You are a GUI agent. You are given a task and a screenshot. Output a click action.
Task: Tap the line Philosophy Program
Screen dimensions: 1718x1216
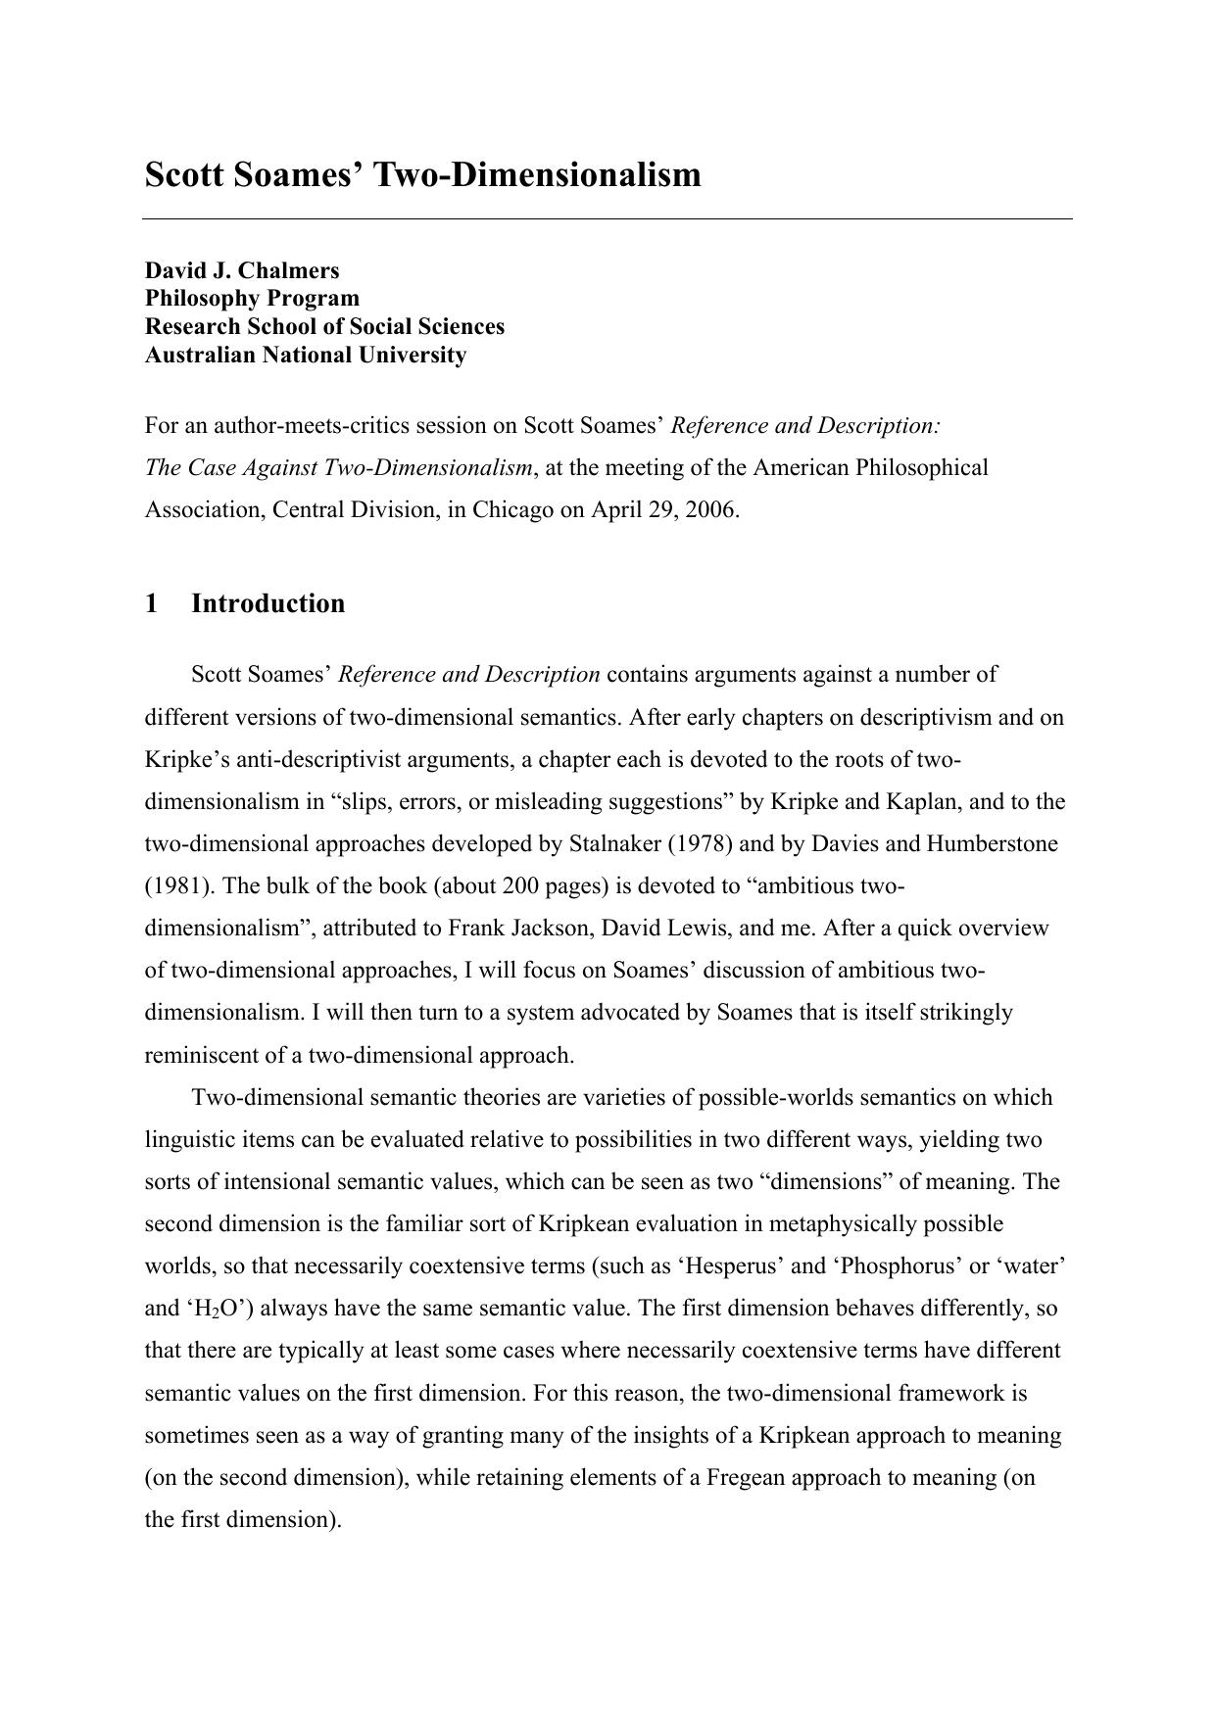[x=252, y=298]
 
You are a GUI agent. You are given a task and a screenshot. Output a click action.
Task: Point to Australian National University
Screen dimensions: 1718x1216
[x=306, y=355]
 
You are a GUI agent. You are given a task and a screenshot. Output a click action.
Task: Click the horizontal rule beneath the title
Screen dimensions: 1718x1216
[x=608, y=219]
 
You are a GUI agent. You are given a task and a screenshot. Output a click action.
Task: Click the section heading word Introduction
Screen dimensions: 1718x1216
[x=268, y=603]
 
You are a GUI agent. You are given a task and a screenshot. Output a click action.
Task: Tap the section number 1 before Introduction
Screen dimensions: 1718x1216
[x=152, y=603]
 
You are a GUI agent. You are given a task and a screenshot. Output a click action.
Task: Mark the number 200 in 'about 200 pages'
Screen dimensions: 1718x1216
[x=521, y=886]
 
